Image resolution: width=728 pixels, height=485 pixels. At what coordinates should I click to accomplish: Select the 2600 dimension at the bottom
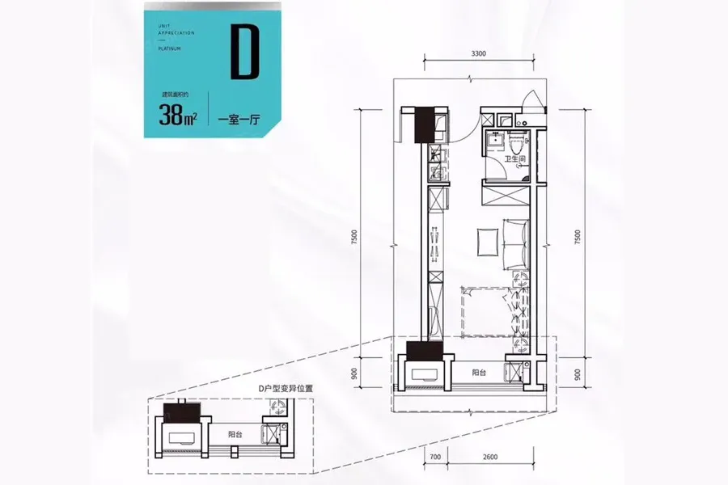coord(489,458)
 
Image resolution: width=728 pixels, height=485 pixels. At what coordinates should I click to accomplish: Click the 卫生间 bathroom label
coord(515,159)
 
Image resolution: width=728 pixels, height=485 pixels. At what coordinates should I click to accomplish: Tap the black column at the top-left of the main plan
coord(425,124)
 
